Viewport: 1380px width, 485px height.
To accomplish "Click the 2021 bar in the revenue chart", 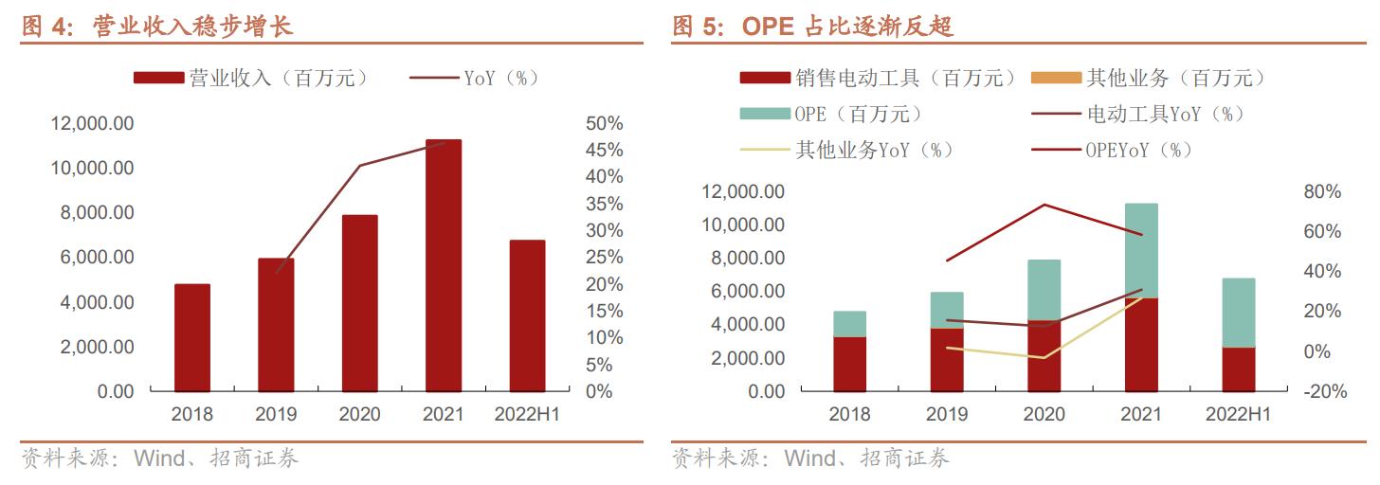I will (443, 265).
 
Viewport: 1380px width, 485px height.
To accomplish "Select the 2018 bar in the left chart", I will (191, 337).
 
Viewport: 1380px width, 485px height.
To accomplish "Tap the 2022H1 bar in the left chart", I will (527, 315).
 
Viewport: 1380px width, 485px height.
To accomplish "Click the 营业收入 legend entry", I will (251, 79).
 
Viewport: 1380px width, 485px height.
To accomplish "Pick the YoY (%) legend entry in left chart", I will (474, 79).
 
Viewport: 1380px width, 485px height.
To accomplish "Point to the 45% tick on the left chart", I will (603, 151).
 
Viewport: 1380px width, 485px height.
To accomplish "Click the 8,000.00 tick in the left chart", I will (98, 213).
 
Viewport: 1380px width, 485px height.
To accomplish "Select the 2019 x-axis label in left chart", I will (276, 415).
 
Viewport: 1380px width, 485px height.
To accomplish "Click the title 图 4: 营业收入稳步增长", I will (157, 27).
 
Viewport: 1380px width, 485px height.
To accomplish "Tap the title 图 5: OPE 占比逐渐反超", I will (812, 27).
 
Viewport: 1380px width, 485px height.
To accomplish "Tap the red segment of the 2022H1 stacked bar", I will (1238, 369).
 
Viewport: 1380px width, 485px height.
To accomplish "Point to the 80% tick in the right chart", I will (1322, 192).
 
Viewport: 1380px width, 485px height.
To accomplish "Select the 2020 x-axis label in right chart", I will (1044, 415).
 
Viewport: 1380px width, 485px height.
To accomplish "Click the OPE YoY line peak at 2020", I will (1044, 205).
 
